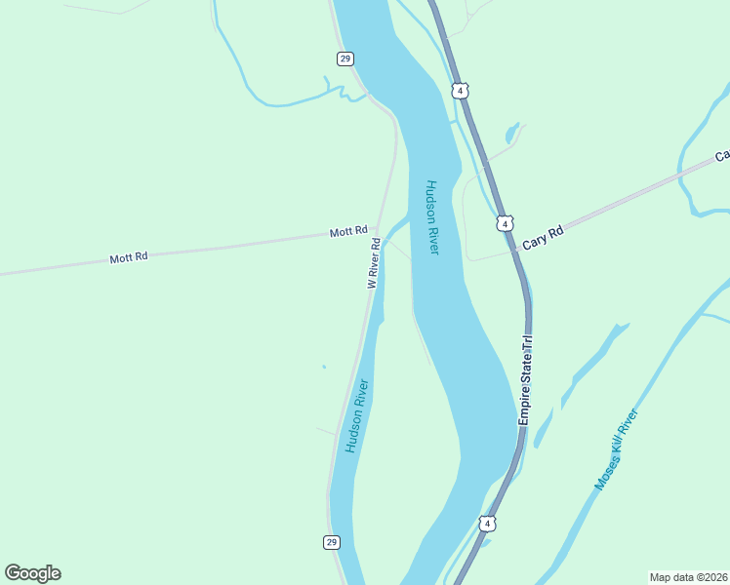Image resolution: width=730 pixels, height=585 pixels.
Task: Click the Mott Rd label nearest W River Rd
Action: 348,232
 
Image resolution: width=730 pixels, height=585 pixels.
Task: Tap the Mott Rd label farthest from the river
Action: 128,257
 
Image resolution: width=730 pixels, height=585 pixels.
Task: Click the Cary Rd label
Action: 544,235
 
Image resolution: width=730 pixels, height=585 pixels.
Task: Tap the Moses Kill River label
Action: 616,449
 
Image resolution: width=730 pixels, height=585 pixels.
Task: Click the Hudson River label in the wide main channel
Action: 432,217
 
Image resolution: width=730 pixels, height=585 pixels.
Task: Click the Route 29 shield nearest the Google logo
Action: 331,542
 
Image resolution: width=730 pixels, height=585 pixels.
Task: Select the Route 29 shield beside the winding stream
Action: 345,58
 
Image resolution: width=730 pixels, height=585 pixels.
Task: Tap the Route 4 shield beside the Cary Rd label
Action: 504,223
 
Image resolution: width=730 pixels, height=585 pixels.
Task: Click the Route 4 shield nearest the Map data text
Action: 487,524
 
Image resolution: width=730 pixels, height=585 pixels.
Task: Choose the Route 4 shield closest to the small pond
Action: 460,90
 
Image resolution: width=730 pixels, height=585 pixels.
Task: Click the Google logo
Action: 33,572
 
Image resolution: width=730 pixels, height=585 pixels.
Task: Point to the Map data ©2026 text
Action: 687,576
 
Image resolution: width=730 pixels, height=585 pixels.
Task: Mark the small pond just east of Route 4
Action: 510,134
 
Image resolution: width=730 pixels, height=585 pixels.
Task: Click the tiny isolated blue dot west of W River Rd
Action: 324,367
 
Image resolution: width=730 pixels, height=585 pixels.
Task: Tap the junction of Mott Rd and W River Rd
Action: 380,230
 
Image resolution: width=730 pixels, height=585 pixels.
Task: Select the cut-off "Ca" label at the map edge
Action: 722,155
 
